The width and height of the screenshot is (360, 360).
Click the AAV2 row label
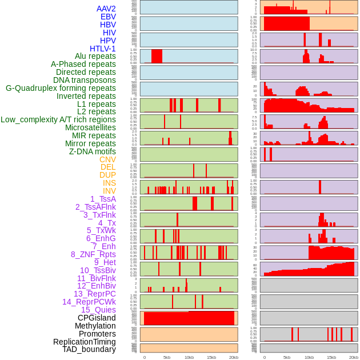(x=106, y=9)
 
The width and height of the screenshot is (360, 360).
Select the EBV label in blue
(x=108, y=17)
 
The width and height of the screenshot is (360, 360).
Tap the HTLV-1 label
(x=103, y=49)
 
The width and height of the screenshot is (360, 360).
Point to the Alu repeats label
(x=95, y=57)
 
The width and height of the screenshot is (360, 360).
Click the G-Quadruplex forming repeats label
(x=61, y=89)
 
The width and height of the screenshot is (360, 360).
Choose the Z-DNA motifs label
(x=93, y=151)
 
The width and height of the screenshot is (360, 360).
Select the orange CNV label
(x=107, y=159)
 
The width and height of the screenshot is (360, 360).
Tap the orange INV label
(x=109, y=191)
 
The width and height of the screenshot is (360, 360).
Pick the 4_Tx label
(x=107, y=223)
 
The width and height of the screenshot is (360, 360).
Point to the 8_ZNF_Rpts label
(x=93, y=254)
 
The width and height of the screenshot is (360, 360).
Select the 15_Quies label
(x=98, y=310)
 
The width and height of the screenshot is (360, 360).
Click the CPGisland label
(x=97, y=318)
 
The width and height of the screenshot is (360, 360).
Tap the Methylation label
(x=95, y=326)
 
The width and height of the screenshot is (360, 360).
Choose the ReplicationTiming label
(x=85, y=342)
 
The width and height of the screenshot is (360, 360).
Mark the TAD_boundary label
(x=89, y=349)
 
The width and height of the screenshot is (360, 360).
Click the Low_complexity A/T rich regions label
(x=58, y=119)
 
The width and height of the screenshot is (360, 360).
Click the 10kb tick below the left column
(x=189, y=357)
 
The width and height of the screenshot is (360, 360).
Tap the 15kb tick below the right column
(x=331, y=357)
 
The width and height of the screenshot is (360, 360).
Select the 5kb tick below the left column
(x=167, y=357)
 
